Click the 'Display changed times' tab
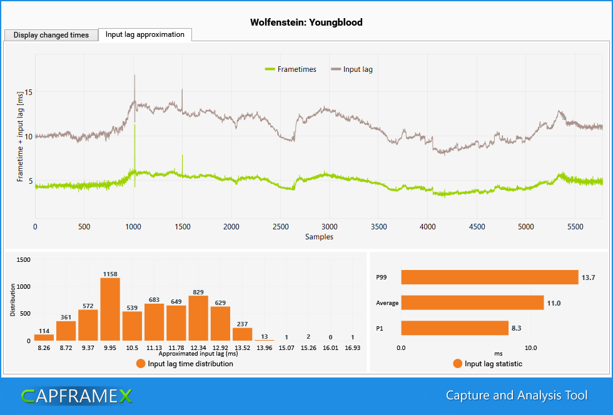(x=51, y=35)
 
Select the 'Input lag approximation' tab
(x=145, y=34)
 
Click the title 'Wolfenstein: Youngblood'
(x=306, y=22)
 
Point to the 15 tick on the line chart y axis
(x=28, y=92)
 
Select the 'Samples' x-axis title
(x=319, y=237)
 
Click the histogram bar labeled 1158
(x=110, y=309)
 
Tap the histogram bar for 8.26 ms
(x=44, y=337)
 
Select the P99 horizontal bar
(x=489, y=277)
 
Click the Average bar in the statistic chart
(x=472, y=303)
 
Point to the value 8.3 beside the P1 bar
(x=519, y=328)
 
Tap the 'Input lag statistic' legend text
(x=493, y=364)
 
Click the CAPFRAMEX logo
(x=77, y=396)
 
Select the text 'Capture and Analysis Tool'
(x=516, y=396)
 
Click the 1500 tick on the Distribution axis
(x=22, y=259)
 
